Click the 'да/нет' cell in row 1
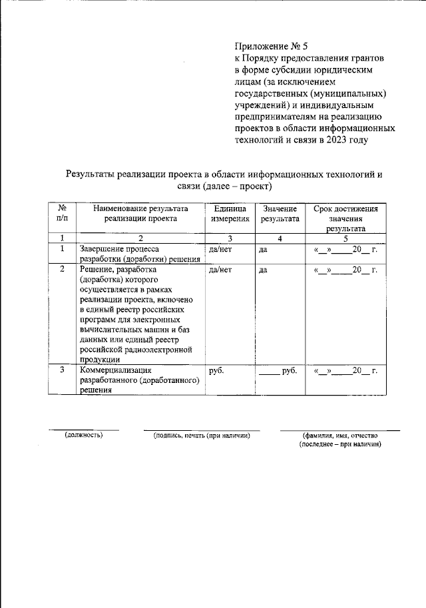(220, 250)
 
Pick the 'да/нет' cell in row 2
(220, 270)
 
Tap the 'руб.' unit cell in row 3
(216, 371)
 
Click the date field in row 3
(345, 371)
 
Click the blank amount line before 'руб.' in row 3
(269, 372)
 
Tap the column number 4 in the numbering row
(280, 238)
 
